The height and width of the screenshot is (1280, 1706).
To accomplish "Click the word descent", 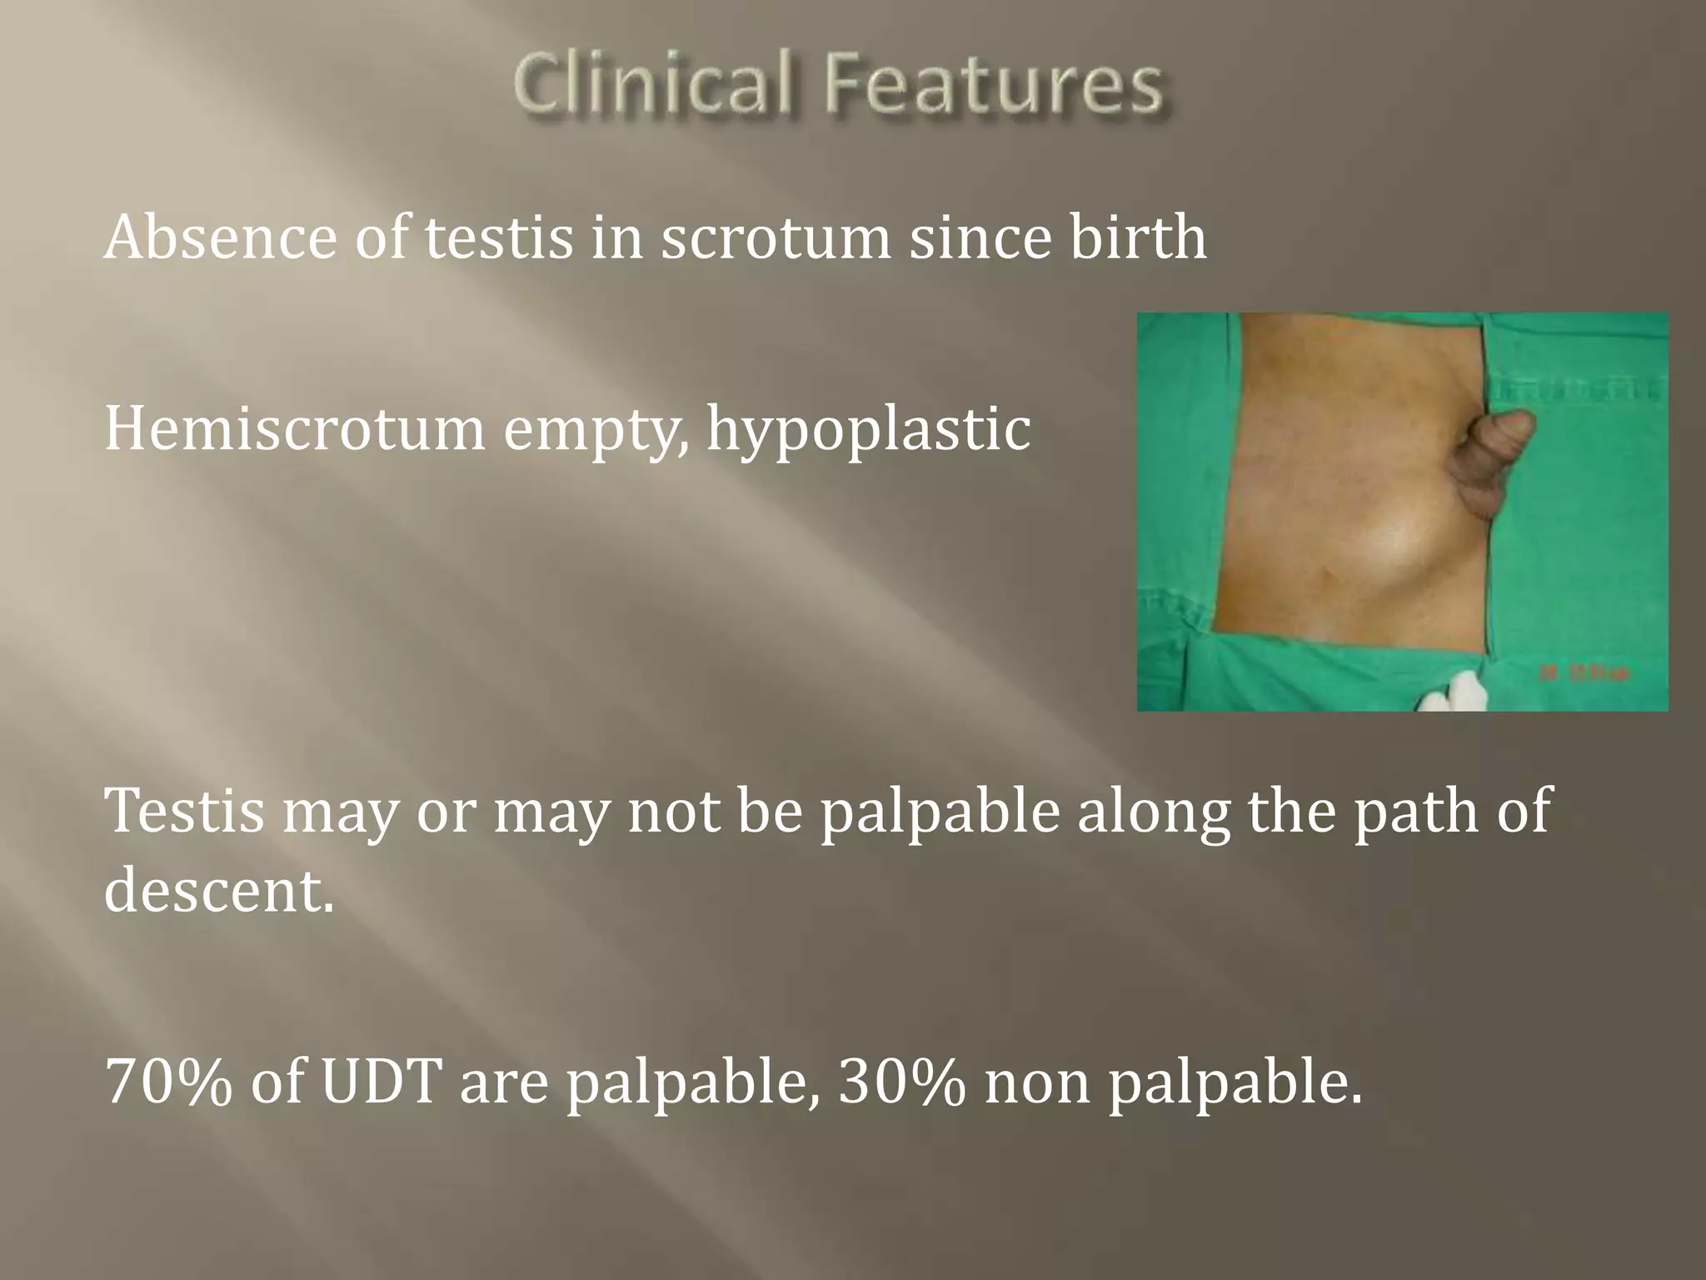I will [218, 890].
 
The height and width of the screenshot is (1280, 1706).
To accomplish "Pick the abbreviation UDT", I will [380, 1083].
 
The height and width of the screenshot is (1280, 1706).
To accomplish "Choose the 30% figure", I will [901, 1083].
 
